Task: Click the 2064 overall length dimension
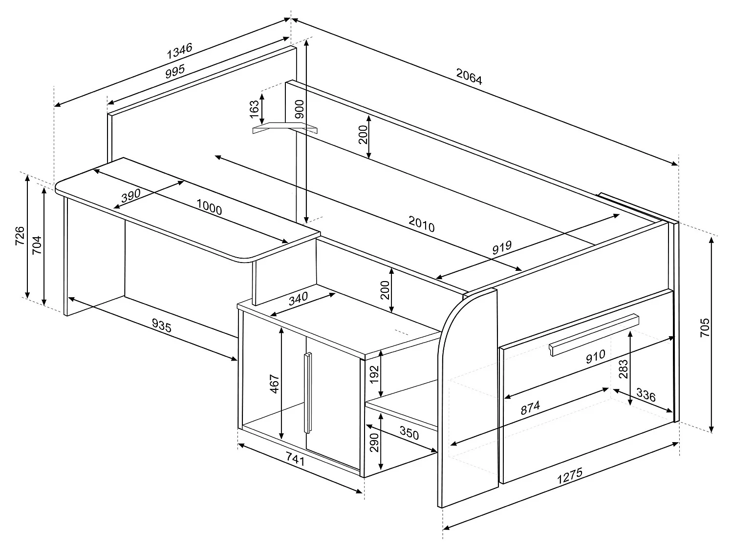tap(469, 77)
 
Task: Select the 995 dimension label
tap(174, 71)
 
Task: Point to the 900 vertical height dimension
tap(299, 109)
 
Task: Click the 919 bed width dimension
tap(501, 247)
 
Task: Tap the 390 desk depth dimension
tap(130, 196)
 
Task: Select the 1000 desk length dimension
tap(209, 207)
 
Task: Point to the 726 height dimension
tap(19, 236)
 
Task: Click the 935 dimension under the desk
tap(162, 325)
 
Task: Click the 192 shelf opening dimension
tap(374, 374)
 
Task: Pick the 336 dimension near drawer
tap(646, 396)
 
